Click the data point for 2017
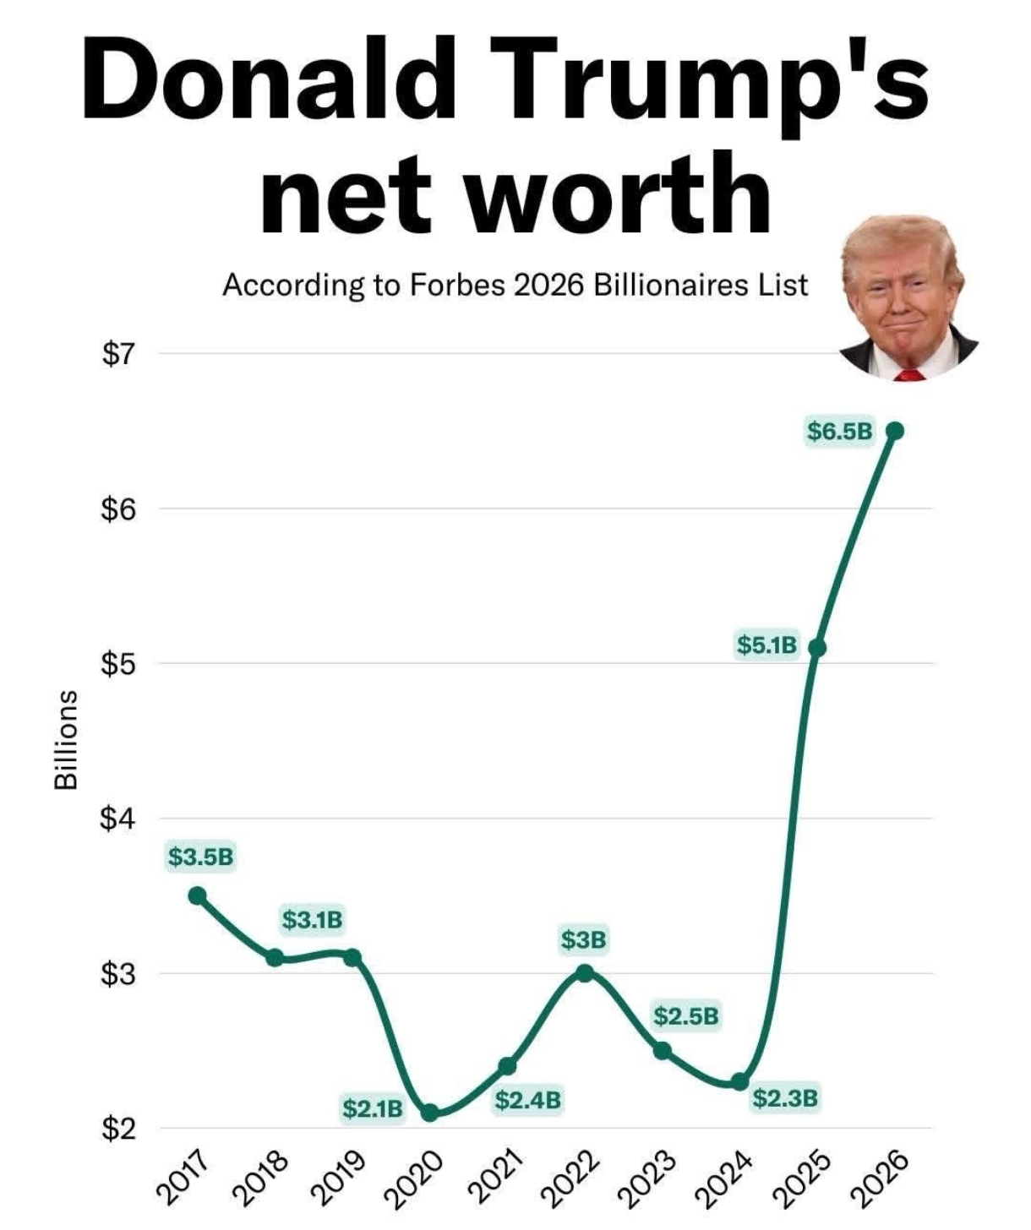197,895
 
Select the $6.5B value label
838,432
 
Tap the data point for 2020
429,1113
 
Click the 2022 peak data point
585,973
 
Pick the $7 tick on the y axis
117,355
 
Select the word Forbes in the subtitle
457,286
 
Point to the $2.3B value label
785,1098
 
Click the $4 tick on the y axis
117,819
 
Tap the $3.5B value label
200,857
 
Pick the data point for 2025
816,648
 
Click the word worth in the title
618,193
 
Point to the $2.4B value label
527,1100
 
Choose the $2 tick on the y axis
117,1129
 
